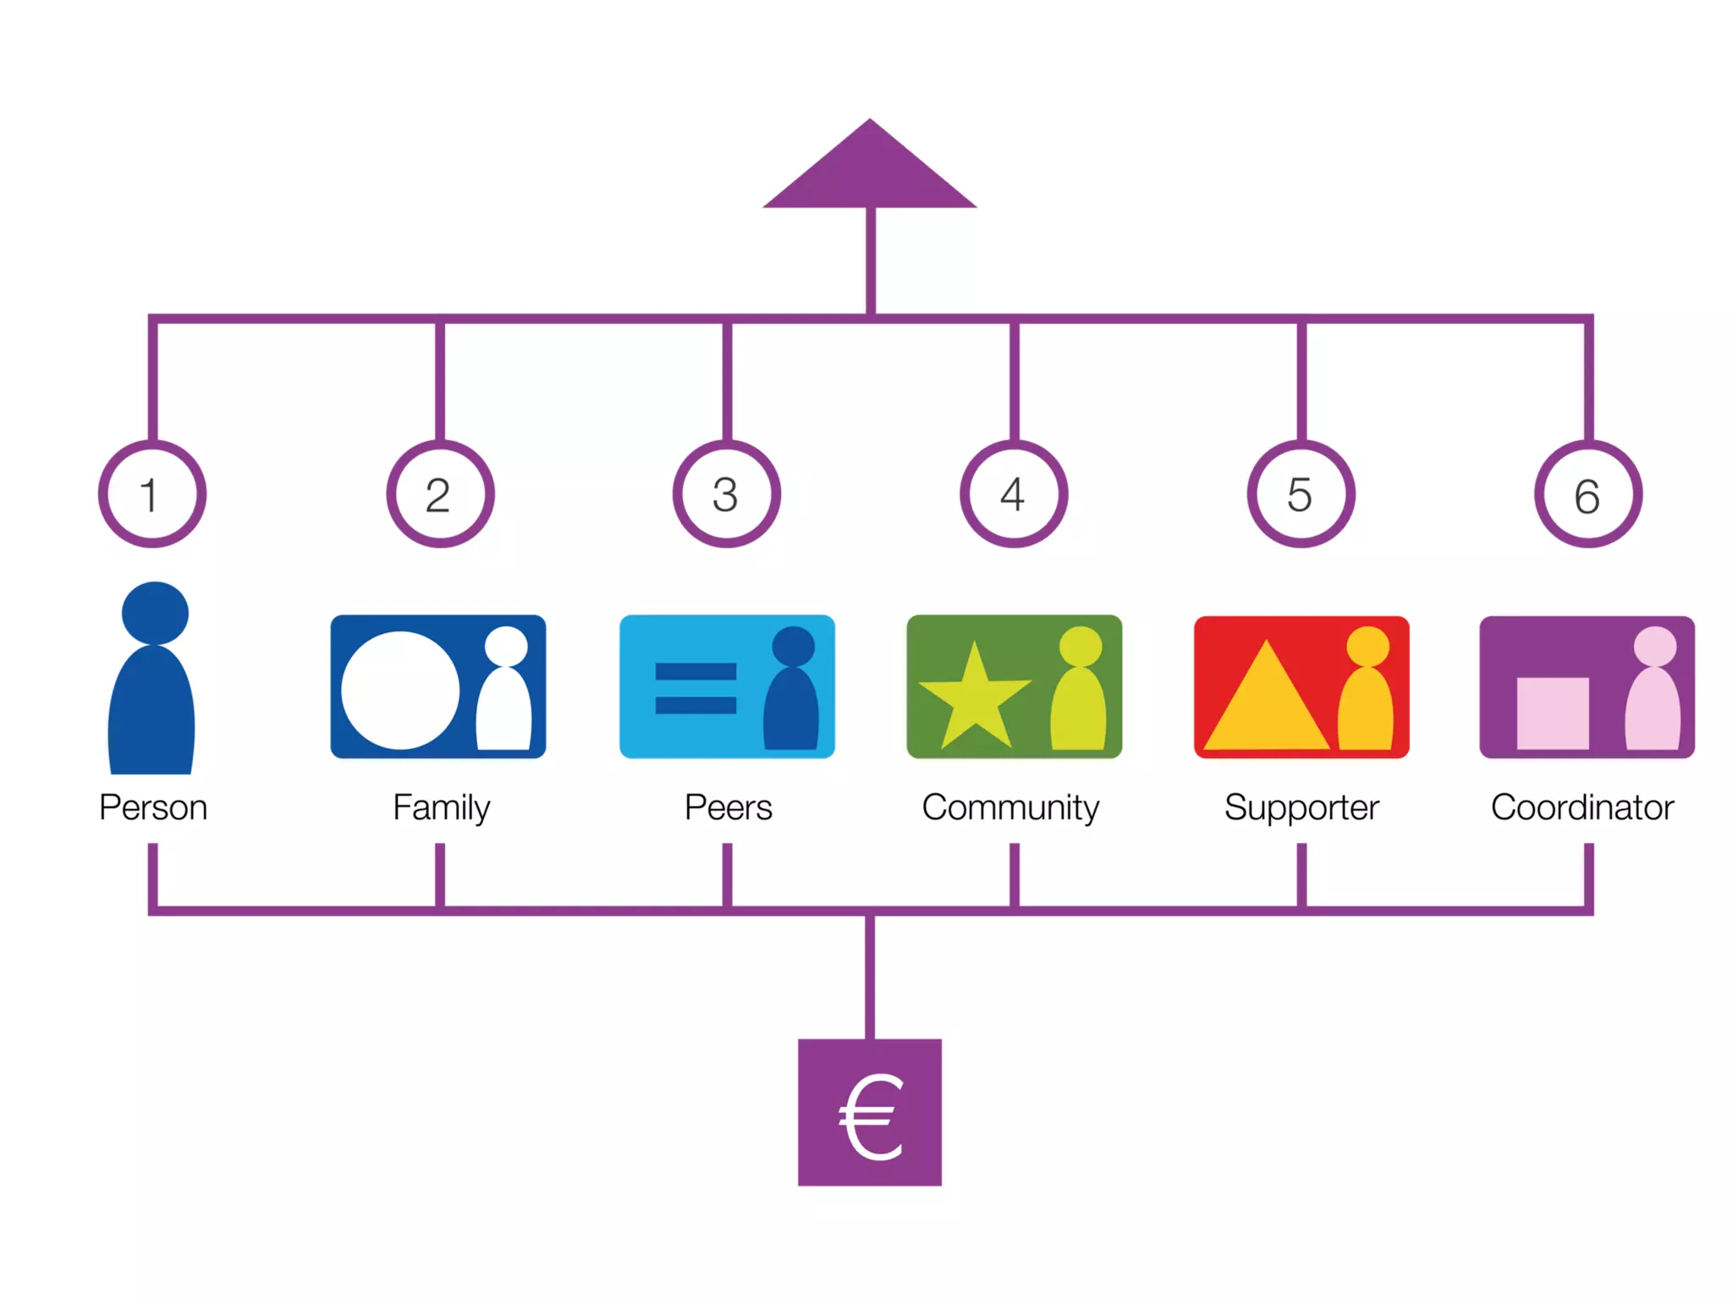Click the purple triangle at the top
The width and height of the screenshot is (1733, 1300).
click(x=870, y=174)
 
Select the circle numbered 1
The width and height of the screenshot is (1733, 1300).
click(x=152, y=494)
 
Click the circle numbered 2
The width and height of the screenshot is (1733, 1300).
click(x=440, y=494)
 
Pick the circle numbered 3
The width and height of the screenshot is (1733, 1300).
click(x=727, y=494)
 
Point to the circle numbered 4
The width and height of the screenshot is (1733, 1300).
click(x=1014, y=494)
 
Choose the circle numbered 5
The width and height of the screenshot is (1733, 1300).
click(x=1301, y=494)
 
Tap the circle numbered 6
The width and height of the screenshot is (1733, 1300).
click(x=1588, y=494)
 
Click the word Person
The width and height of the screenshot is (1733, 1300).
click(x=153, y=807)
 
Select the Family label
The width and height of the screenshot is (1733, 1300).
click(x=441, y=808)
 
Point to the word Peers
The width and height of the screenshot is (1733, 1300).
click(x=728, y=807)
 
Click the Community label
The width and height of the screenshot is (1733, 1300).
click(x=1010, y=808)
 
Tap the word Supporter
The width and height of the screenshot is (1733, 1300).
click(x=1301, y=808)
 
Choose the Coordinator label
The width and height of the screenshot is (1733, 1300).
click(x=1582, y=807)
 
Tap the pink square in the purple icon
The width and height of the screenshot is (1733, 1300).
click(x=1552, y=713)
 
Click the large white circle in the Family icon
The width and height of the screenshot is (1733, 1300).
click(x=399, y=690)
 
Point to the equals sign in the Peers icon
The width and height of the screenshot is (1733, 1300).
click(x=696, y=688)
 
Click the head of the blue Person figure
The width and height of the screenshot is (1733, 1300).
click(x=155, y=613)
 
